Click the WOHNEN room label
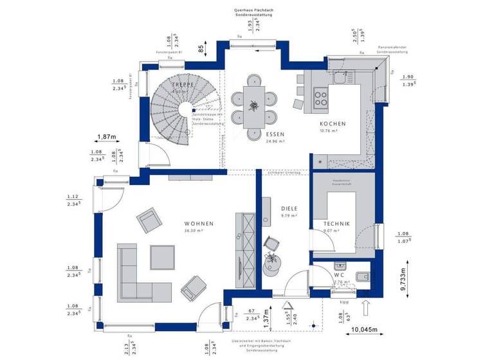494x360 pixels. click(x=197, y=223)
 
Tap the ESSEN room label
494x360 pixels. click(x=275, y=134)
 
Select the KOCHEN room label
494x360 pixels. click(x=333, y=124)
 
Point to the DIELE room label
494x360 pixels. click(x=289, y=209)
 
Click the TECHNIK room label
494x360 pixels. click(x=336, y=223)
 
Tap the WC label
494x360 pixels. click(x=338, y=274)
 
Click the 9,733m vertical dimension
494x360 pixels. click(x=403, y=280)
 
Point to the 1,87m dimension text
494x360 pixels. click(x=107, y=137)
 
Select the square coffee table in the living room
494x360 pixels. click(x=161, y=257)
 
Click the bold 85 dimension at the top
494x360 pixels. click(x=201, y=48)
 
